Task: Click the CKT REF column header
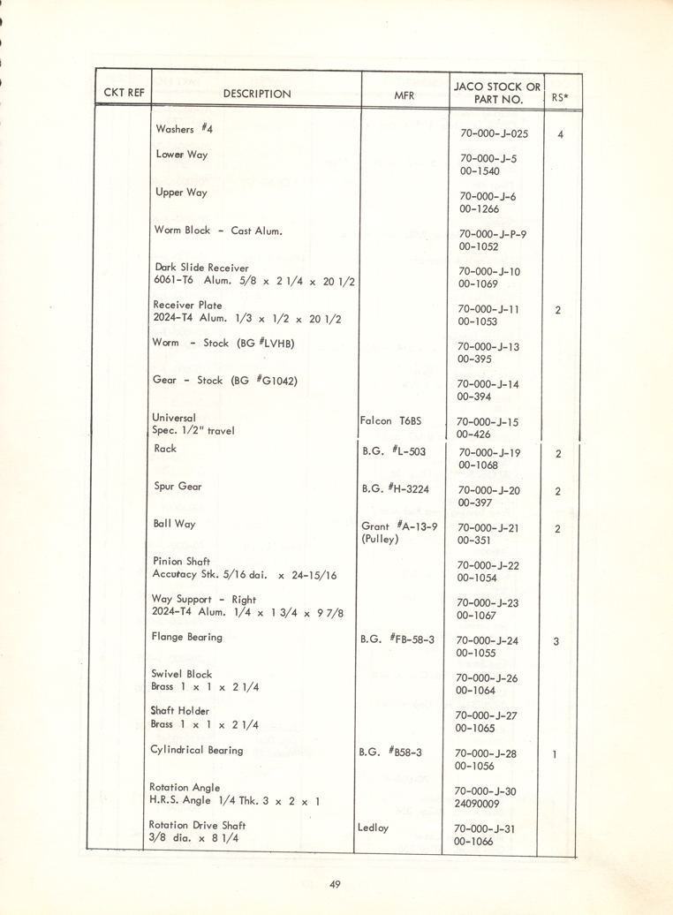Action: pyautogui.click(x=124, y=92)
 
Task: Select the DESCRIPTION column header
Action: pyautogui.click(x=257, y=94)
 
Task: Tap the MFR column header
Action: pyautogui.click(x=405, y=94)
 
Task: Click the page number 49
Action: pyautogui.click(x=335, y=885)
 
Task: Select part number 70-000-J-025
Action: pyautogui.click(x=494, y=134)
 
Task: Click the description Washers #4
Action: pyautogui.click(x=185, y=129)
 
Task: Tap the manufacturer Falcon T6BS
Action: pyautogui.click(x=390, y=421)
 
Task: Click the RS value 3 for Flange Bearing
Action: pyautogui.click(x=556, y=642)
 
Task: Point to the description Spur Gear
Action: pyautogui.click(x=178, y=487)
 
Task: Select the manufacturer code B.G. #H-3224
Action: pyautogui.click(x=397, y=488)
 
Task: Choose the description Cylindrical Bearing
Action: pyautogui.click(x=197, y=751)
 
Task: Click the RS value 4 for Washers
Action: pyautogui.click(x=561, y=135)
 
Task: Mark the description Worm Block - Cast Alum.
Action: pyautogui.click(x=218, y=231)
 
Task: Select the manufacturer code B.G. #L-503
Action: pyautogui.click(x=394, y=450)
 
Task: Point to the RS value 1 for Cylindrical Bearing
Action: pyautogui.click(x=554, y=756)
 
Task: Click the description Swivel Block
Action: pyautogui.click(x=182, y=673)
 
